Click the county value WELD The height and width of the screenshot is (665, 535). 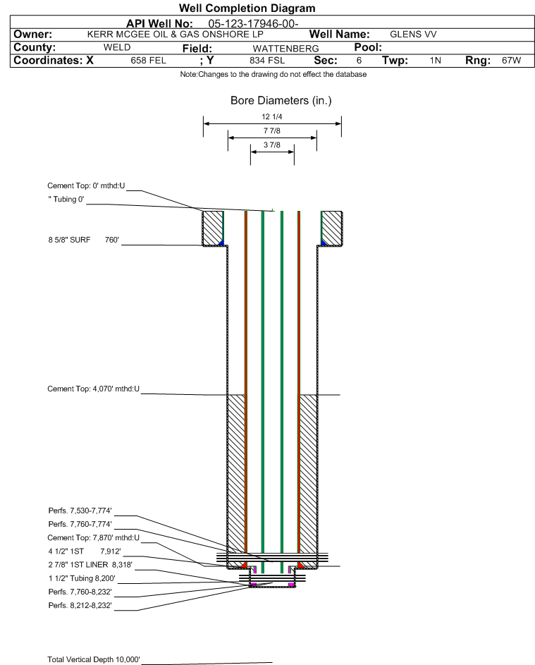pyautogui.click(x=116, y=48)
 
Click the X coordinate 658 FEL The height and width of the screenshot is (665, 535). pyautogui.click(x=148, y=61)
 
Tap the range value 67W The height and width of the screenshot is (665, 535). pyautogui.click(x=511, y=61)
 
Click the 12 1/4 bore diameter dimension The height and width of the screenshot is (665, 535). pyautogui.click(x=272, y=118)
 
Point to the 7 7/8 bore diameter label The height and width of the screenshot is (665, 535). pyautogui.click(x=272, y=132)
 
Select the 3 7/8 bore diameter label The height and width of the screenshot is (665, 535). pyautogui.click(x=272, y=145)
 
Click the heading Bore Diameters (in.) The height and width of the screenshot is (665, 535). pyautogui.click(x=281, y=101)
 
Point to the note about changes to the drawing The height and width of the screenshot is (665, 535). pyautogui.click(x=273, y=75)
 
